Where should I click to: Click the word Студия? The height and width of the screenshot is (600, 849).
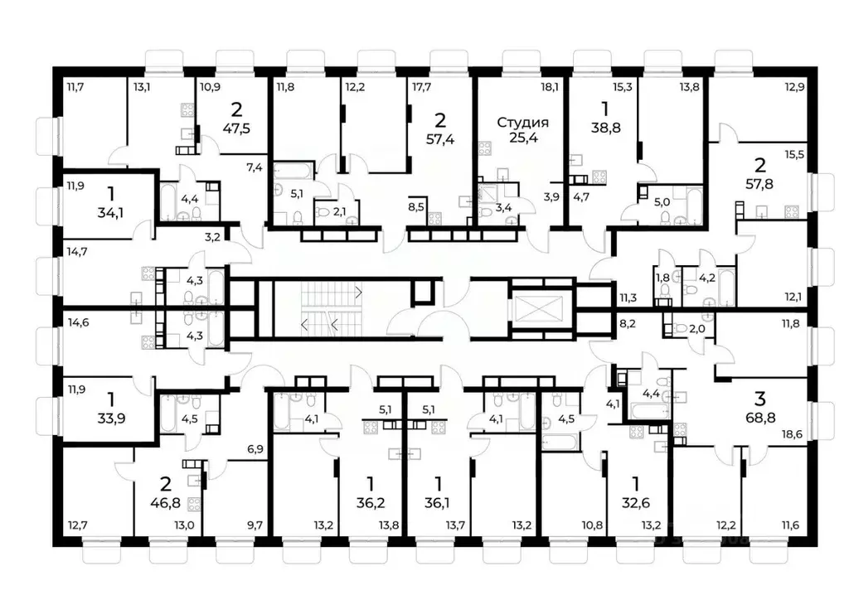[522, 123]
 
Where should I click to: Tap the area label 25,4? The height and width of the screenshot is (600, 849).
[523, 138]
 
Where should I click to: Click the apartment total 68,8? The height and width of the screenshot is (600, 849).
[760, 418]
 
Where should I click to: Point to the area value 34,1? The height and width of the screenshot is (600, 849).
[110, 213]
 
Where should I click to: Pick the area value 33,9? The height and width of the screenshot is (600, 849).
[111, 419]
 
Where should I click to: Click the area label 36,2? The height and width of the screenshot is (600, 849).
[371, 503]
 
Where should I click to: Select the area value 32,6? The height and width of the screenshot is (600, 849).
[636, 503]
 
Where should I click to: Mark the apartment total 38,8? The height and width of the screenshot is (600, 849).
[606, 128]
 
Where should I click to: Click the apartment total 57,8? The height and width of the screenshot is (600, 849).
[759, 184]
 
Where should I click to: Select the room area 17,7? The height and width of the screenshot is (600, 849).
[421, 86]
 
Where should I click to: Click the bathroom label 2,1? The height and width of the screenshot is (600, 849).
[339, 212]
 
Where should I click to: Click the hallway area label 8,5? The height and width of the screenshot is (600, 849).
[416, 206]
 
